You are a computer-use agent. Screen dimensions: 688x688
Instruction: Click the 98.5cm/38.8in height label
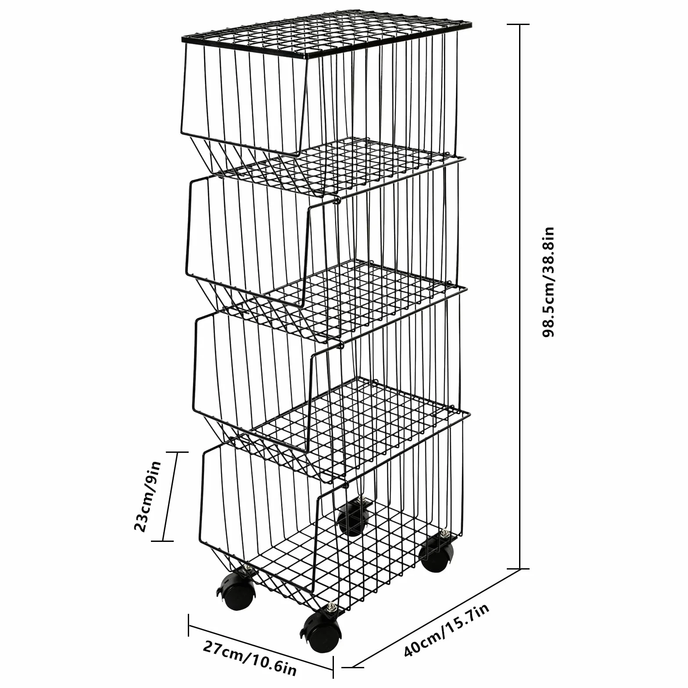click(x=548, y=282)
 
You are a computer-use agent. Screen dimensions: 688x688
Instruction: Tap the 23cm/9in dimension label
click(x=148, y=496)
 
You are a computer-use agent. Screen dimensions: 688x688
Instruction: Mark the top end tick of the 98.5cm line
click(x=520, y=25)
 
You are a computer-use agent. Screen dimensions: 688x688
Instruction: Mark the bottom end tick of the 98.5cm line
click(x=520, y=569)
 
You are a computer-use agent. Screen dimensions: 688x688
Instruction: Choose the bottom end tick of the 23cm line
click(x=162, y=541)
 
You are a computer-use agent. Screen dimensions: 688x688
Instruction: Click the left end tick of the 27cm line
click(x=189, y=624)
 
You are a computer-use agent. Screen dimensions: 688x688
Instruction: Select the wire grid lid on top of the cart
click(x=327, y=38)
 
